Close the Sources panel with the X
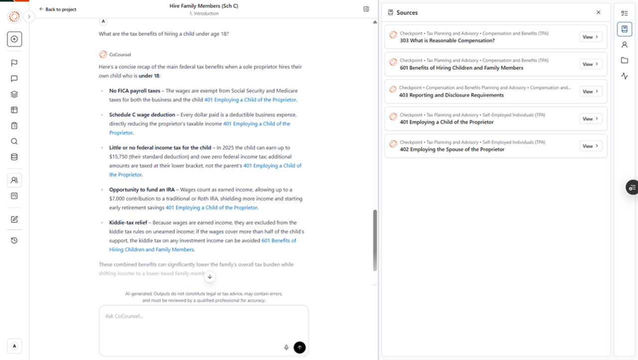click(x=599, y=12)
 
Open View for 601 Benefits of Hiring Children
click(x=591, y=64)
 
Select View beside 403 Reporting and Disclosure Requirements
click(x=591, y=92)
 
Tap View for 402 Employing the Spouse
click(x=591, y=146)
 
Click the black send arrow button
click(x=300, y=348)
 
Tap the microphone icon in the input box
click(x=287, y=348)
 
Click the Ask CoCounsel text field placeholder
click(x=124, y=316)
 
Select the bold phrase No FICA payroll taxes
click(x=135, y=91)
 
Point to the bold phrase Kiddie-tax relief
click(x=128, y=222)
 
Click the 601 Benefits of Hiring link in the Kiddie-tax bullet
click(x=279, y=240)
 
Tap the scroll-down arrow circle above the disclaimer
click(x=210, y=276)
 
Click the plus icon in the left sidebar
click(x=14, y=39)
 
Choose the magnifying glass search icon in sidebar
click(x=14, y=141)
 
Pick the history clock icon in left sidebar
click(x=14, y=240)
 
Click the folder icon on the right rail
click(x=625, y=60)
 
